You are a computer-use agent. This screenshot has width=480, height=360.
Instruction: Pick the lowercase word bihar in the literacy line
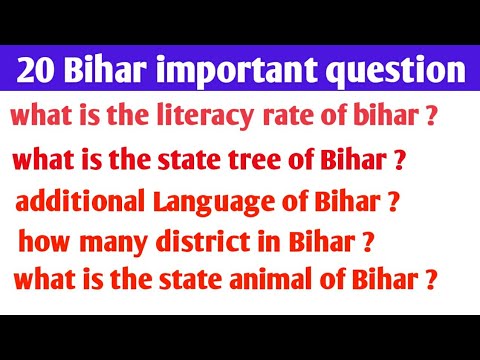(370, 116)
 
